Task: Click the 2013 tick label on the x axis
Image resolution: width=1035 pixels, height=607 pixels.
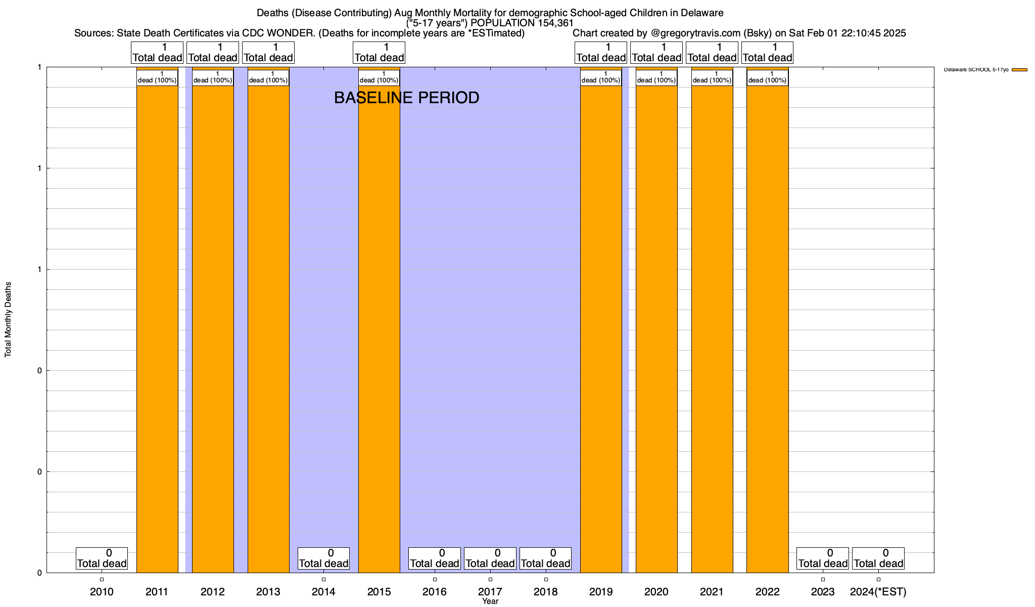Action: tap(268, 592)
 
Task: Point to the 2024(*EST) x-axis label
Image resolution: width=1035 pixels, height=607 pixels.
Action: tap(878, 592)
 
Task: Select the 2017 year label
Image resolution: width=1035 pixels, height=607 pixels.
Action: tap(490, 592)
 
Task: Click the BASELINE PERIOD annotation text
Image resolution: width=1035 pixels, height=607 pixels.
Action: tap(406, 98)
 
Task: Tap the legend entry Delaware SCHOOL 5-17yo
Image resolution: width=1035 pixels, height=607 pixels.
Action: tap(976, 70)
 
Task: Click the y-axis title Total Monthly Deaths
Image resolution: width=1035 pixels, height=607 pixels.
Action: tap(8, 320)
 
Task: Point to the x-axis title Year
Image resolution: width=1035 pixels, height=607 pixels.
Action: tap(490, 601)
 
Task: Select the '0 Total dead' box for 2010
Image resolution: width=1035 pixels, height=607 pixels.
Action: tap(102, 558)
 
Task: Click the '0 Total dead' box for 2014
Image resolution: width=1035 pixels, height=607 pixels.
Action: tap(323, 558)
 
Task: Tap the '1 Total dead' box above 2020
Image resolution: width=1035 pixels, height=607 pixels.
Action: tap(656, 53)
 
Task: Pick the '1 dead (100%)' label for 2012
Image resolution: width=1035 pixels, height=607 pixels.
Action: tap(213, 77)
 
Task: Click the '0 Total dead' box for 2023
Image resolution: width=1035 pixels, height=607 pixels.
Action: tap(823, 558)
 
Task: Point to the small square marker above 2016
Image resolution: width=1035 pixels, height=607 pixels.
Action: tap(435, 580)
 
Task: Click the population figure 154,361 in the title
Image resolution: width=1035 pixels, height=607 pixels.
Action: tap(555, 23)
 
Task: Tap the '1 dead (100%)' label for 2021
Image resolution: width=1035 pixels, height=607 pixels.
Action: tap(712, 77)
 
